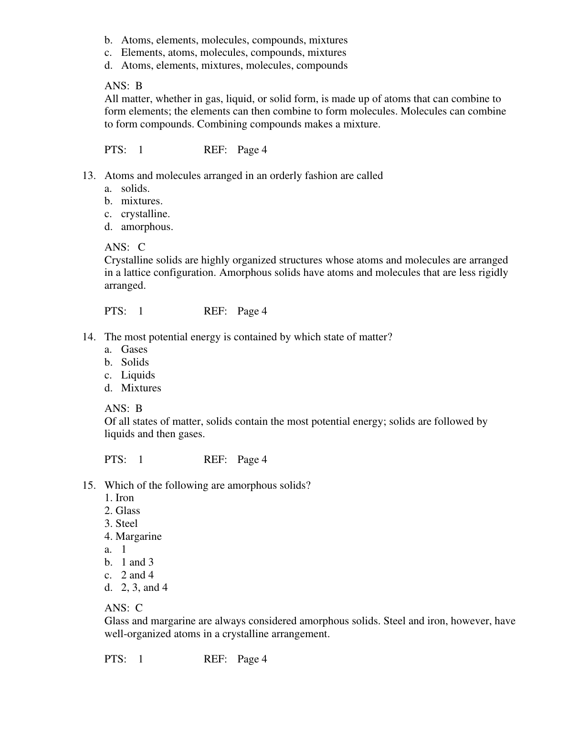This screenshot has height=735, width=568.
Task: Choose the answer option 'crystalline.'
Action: click(145, 214)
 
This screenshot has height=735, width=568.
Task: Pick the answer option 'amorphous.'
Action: click(147, 227)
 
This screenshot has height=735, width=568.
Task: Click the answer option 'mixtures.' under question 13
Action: click(142, 201)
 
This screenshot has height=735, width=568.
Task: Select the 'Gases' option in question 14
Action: click(134, 349)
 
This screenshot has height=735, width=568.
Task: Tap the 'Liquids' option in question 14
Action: click(138, 375)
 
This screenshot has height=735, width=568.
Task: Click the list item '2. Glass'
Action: click(122, 511)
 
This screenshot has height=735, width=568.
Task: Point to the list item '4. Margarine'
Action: click(133, 536)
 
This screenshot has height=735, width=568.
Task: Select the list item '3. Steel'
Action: click(121, 524)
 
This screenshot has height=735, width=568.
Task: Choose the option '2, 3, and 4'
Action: click(144, 588)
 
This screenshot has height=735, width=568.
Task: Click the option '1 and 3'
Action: click(137, 562)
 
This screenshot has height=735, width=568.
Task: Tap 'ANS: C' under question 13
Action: click(125, 247)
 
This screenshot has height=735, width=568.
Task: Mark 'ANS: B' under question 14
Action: click(123, 409)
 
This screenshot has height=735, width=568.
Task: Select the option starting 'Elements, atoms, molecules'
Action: click(233, 52)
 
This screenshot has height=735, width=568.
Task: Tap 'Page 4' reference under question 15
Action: click(252, 659)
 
